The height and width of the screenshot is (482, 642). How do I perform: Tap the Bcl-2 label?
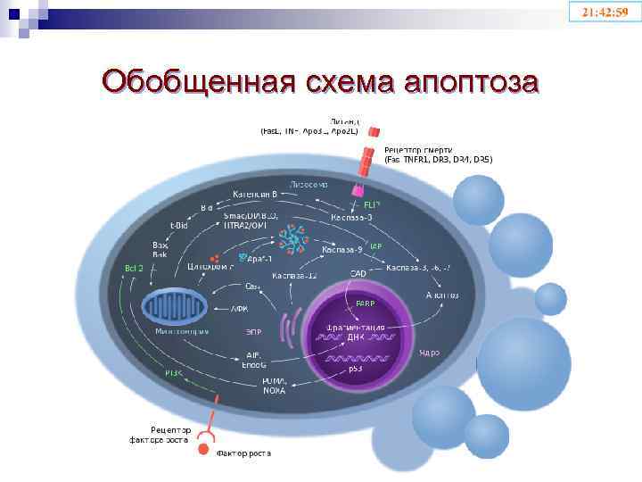click(133, 268)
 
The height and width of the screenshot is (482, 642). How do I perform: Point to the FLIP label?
click(373, 204)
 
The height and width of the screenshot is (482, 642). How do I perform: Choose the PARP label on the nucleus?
click(366, 303)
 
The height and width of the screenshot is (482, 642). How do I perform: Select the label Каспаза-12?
click(295, 275)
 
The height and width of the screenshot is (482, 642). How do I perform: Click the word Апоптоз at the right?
click(442, 294)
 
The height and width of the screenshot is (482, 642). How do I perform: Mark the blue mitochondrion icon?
click(174, 307)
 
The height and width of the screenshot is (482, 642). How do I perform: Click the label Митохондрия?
click(182, 331)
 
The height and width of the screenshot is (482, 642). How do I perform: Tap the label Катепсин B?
click(256, 193)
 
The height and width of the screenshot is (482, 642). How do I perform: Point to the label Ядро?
click(429, 353)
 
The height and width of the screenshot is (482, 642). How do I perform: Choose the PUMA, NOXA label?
click(276, 385)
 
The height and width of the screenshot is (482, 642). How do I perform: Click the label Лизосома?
click(309, 184)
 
